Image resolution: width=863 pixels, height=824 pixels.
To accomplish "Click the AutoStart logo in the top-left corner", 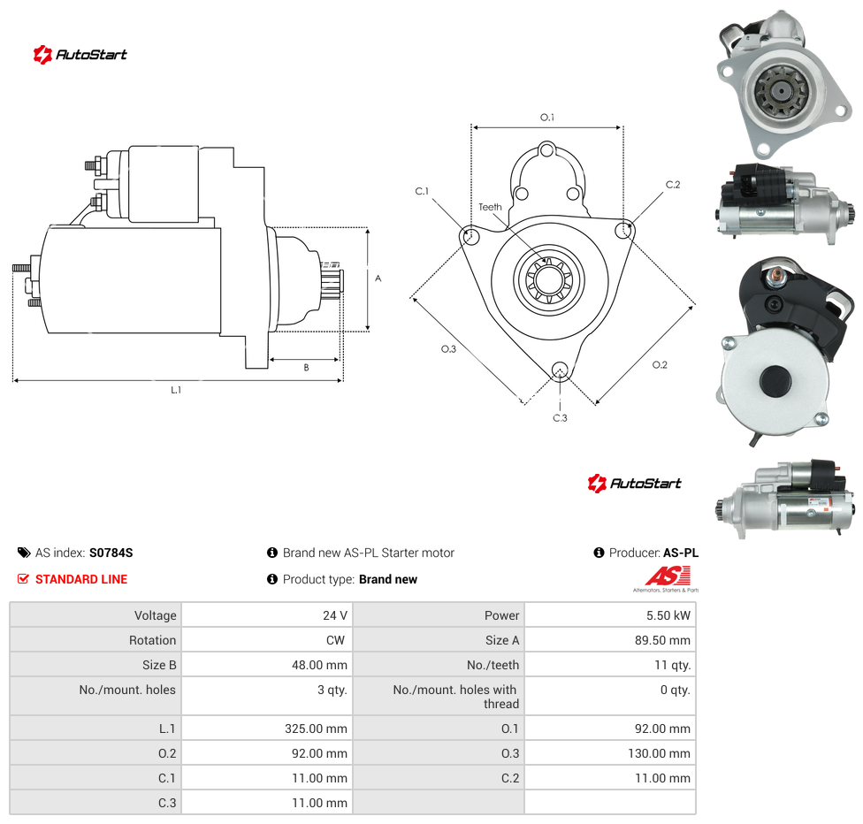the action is pos(80,55).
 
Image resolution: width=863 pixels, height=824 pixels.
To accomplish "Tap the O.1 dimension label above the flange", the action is pos(547,118).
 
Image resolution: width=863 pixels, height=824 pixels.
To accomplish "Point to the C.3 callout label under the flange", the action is pos(560,418).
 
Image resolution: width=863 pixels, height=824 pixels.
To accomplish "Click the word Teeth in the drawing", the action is pos(490,207).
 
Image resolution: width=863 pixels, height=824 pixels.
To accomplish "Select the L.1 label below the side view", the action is pos(176,390).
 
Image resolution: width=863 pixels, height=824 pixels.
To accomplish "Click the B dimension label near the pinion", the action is pos(307,367).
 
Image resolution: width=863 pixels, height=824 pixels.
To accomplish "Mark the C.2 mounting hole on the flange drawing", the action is pos(623,230).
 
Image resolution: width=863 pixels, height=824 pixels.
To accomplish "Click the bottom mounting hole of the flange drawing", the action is pos(560,370).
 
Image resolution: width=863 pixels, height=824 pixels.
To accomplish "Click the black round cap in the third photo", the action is pos(775,380).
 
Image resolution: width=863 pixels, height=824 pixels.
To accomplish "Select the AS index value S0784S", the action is pos(111,553).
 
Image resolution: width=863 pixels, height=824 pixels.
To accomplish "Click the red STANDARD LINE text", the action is pos(81,579).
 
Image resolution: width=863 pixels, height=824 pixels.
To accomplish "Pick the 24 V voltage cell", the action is pos(268,615).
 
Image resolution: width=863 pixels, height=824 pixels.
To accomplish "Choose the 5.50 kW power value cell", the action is pos(610,615).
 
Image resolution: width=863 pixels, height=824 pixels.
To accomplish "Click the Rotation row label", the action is pos(152,640).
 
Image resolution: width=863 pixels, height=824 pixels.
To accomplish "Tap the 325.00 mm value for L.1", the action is pos(316,729).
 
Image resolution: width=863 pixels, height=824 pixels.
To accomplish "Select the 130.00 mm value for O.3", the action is pos(659,753).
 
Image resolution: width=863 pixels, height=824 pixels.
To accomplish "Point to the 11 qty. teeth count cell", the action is pos(610,665).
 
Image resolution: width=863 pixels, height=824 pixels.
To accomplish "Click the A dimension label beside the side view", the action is pos(378,278).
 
